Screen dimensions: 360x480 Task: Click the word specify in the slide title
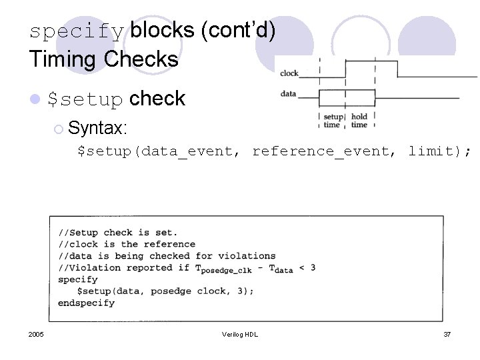click(77, 31)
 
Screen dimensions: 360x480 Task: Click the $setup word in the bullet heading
click(85, 100)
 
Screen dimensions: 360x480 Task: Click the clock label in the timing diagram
click(289, 73)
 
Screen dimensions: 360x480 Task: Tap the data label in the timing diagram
click(288, 94)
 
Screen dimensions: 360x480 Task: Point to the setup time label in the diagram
click(332, 121)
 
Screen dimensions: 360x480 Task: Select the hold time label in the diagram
click(359, 121)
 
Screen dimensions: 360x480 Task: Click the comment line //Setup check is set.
click(118, 233)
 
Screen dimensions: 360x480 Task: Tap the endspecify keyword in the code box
click(86, 303)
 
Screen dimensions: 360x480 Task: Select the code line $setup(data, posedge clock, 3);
click(165, 291)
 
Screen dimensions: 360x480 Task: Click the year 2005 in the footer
click(37, 334)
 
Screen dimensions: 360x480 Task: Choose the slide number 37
click(447, 334)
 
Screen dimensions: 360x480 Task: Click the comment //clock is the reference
click(127, 244)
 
